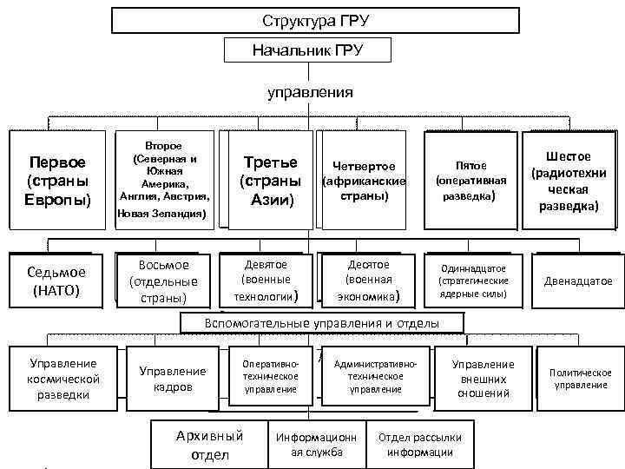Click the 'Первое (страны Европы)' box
pyautogui.click(x=58, y=181)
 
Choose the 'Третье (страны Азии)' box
pyautogui.click(x=269, y=181)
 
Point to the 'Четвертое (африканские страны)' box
pyautogui.click(x=365, y=181)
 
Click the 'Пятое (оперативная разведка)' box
pyautogui.click(x=470, y=180)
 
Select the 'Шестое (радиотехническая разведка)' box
pyautogui.click(x=569, y=181)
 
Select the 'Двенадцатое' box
pyautogui.click(x=576, y=281)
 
